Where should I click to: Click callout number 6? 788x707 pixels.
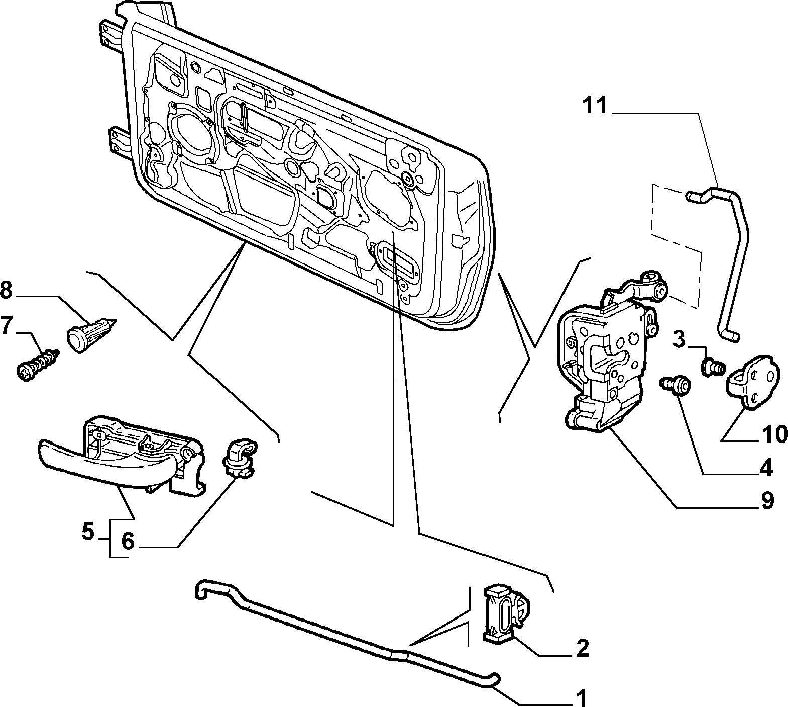pyautogui.click(x=128, y=542)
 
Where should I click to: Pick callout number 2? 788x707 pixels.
pyautogui.click(x=582, y=649)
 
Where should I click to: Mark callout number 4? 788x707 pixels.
pyautogui.click(x=765, y=468)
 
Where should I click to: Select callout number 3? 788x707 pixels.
pyautogui.click(x=679, y=340)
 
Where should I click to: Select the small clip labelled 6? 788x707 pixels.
pyautogui.click(x=238, y=457)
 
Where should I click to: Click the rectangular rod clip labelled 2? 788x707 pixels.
pyautogui.click(x=503, y=614)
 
